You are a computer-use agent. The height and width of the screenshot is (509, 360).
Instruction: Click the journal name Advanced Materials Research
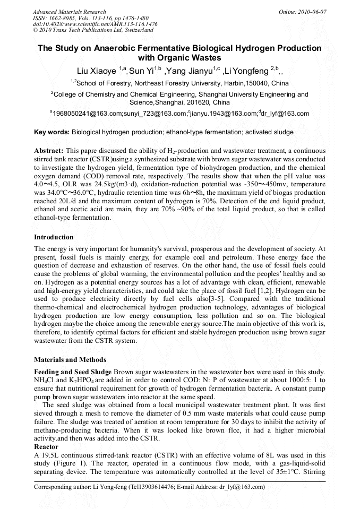[x=69, y=12]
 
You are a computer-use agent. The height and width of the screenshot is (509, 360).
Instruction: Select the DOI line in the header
[x=95, y=24]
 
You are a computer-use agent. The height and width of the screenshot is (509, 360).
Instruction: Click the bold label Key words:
[x=52, y=132]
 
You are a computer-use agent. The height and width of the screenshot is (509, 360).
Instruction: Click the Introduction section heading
[x=54, y=237]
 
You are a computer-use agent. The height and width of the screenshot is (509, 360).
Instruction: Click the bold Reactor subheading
[x=46, y=447]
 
